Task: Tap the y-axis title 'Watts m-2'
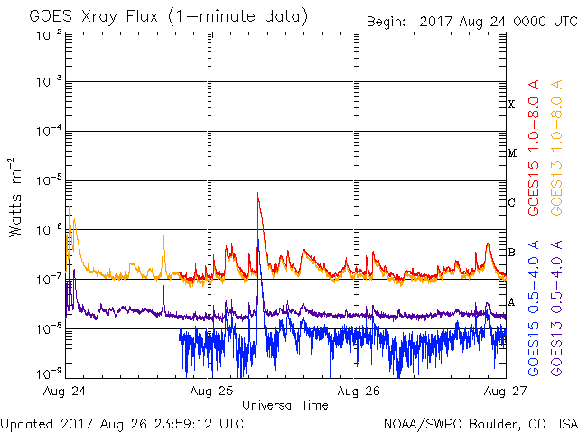coord(15,197)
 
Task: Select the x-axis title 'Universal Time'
coord(284,405)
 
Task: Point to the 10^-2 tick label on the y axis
coord(49,34)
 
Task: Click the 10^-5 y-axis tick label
coord(49,181)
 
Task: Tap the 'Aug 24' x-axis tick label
coord(66,392)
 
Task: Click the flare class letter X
coord(511,105)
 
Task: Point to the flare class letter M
coord(511,153)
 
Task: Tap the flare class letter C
coord(511,202)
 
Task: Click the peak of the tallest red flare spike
coord(257,192)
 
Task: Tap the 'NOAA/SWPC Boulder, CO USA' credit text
coord(479,423)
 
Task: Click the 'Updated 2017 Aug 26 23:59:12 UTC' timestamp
coord(122,423)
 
